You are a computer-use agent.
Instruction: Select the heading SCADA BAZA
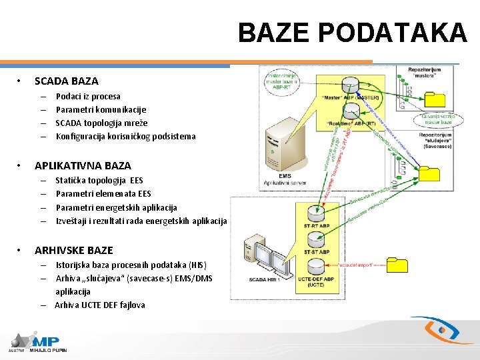tap(66, 81)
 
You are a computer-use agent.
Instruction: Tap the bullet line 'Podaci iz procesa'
tap(88, 96)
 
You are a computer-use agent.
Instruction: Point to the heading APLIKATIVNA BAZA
tap(83, 165)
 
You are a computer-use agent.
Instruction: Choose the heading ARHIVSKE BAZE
tap(73, 250)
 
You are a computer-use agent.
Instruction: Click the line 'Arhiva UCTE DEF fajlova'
tap(100, 305)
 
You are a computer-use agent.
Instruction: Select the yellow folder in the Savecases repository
tap(429, 174)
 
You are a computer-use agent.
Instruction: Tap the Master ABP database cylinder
tap(349, 85)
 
